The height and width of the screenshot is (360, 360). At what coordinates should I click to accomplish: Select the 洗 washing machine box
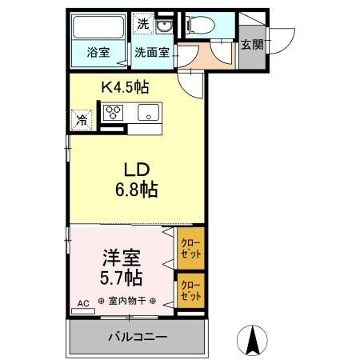142,24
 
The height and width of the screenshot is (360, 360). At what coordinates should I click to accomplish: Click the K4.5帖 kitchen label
125,86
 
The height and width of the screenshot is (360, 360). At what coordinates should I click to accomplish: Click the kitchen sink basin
149,112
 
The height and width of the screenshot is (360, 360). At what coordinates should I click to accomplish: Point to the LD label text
136,170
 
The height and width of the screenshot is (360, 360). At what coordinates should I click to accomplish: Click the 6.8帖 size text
136,190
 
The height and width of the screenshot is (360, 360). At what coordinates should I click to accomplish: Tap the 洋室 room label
122,258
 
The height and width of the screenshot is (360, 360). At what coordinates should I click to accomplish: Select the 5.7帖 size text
122,278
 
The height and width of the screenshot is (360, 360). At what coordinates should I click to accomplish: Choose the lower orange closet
190,290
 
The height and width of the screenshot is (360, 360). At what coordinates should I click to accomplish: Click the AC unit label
82,304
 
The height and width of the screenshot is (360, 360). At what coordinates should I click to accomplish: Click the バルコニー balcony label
138,337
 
